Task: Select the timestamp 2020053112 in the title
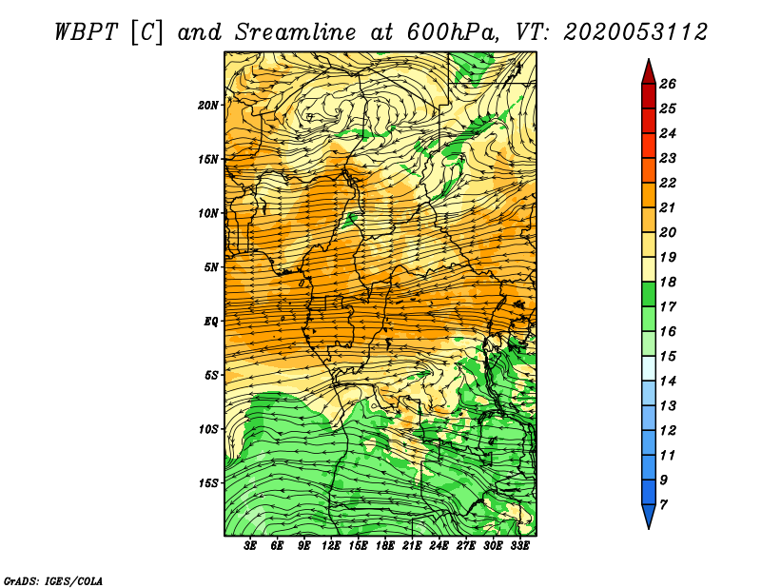click(x=634, y=31)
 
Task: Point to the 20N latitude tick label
click(x=208, y=105)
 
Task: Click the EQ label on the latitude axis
click(x=211, y=322)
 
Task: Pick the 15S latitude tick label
click(x=208, y=483)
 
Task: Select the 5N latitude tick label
click(x=211, y=267)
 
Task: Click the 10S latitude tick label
click(x=208, y=429)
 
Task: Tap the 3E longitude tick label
click(x=251, y=545)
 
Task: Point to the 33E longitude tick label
click(x=520, y=545)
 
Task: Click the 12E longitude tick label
click(x=332, y=545)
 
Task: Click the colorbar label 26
click(x=667, y=84)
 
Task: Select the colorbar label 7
click(x=663, y=503)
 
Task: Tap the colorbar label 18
click(x=667, y=282)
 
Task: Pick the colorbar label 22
click(x=667, y=183)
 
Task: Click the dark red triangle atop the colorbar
click(x=647, y=71)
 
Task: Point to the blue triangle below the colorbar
click(x=647, y=516)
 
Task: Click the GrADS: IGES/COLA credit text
click(x=52, y=579)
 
